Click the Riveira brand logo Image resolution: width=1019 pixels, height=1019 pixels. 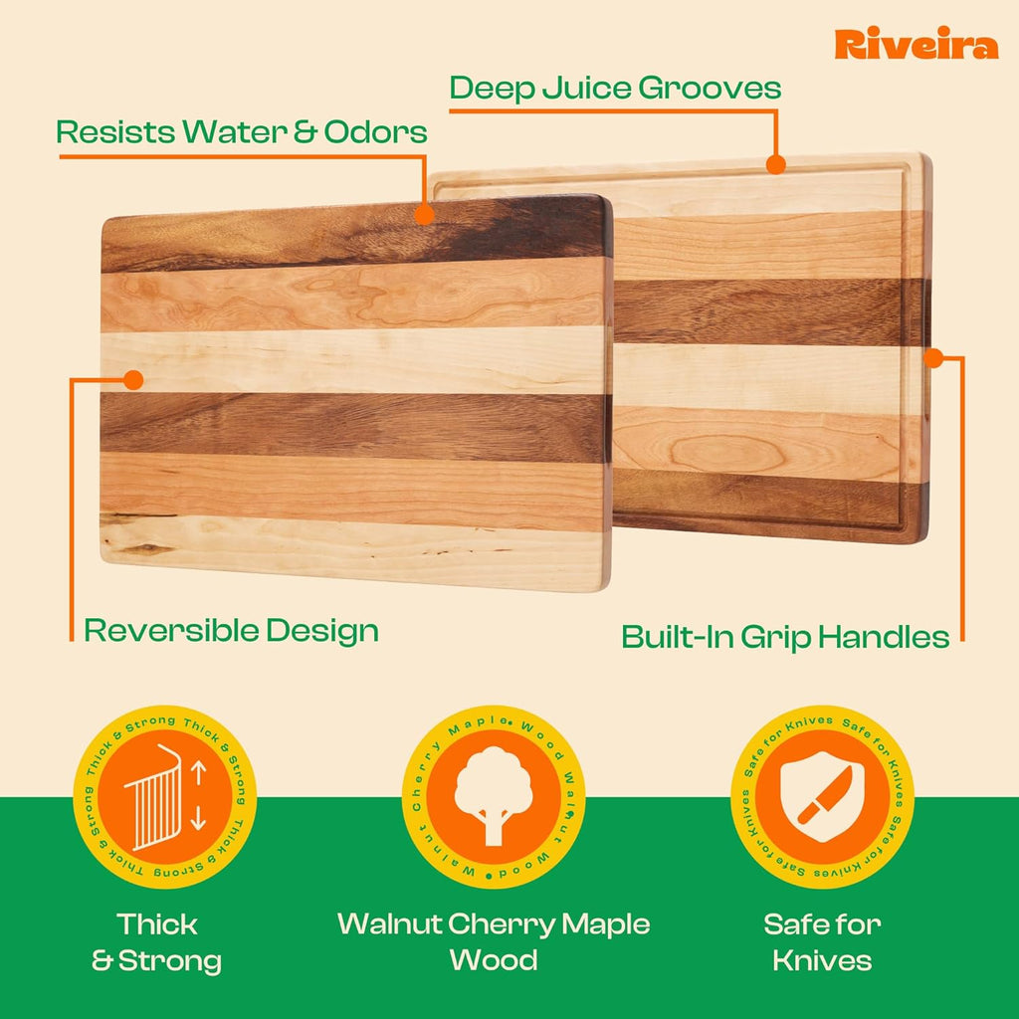(916, 45)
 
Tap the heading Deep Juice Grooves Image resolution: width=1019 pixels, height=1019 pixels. (615, 88)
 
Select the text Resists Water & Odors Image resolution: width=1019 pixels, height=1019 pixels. (242, 131)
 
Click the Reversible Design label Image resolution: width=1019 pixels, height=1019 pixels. (231, 630)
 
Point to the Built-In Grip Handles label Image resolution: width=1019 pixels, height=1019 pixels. (785, 637)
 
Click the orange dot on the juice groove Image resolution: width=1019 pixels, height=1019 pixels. (776, 163)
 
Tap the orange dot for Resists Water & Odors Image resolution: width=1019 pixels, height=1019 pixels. (424, 213)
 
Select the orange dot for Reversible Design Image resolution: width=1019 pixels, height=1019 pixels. (132, 379)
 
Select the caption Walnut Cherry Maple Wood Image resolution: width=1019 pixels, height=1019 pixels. (494, 941)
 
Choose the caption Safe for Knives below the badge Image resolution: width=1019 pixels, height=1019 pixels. (822, 942)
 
